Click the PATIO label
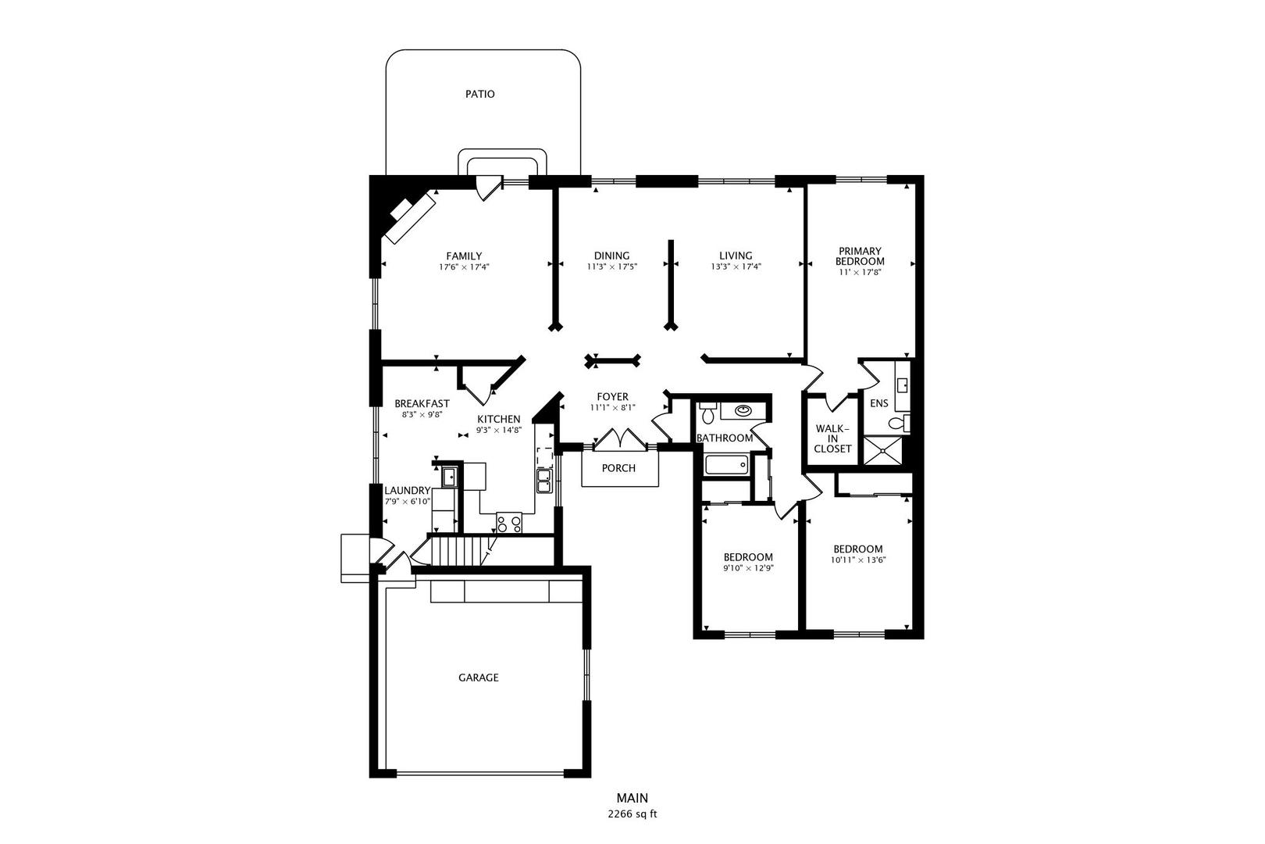479,94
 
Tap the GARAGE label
478,678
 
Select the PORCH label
618,468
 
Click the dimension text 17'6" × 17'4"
464,267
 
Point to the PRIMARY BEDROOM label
860,256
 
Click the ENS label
878,403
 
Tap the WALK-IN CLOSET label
832,438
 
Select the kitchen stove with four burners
509,523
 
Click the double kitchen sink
544,481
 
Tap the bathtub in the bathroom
726,465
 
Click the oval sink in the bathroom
743,410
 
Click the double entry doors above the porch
619,440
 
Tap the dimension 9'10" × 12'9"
748,569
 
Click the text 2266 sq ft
632,814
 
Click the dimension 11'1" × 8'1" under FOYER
613,408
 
